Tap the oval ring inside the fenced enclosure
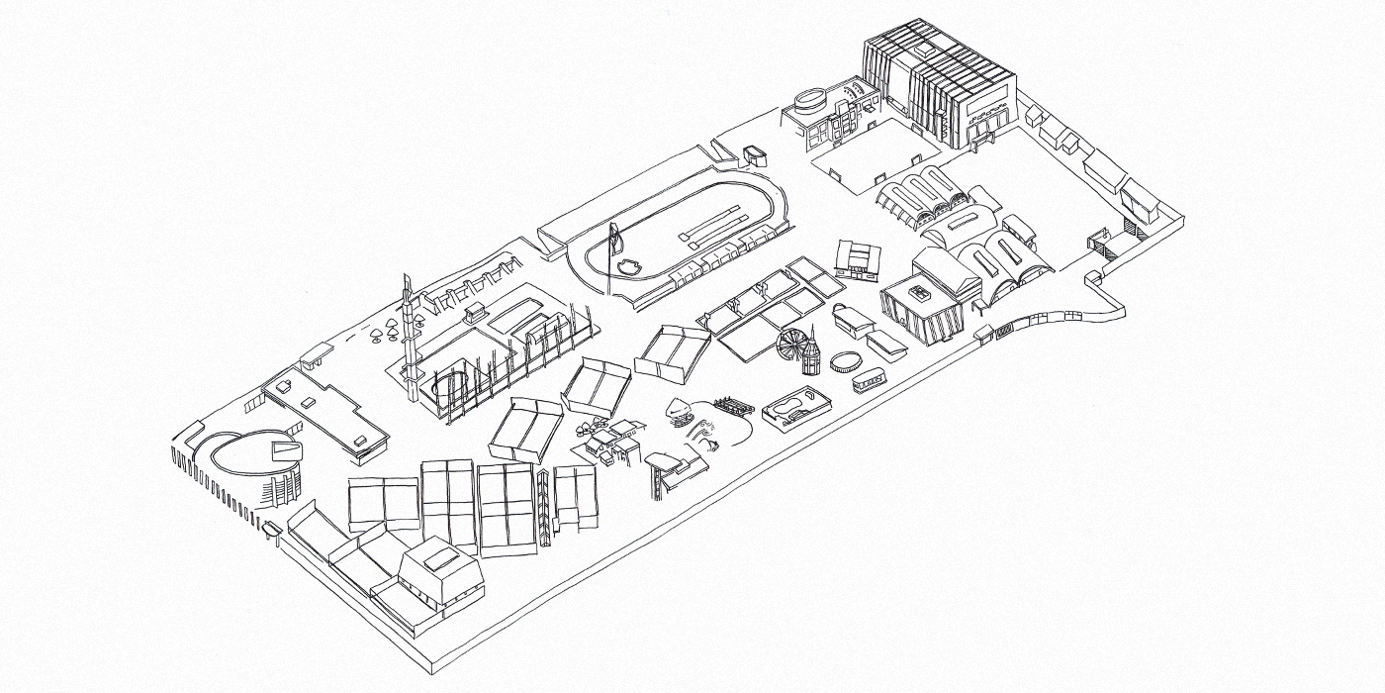(x=452, y=381)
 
